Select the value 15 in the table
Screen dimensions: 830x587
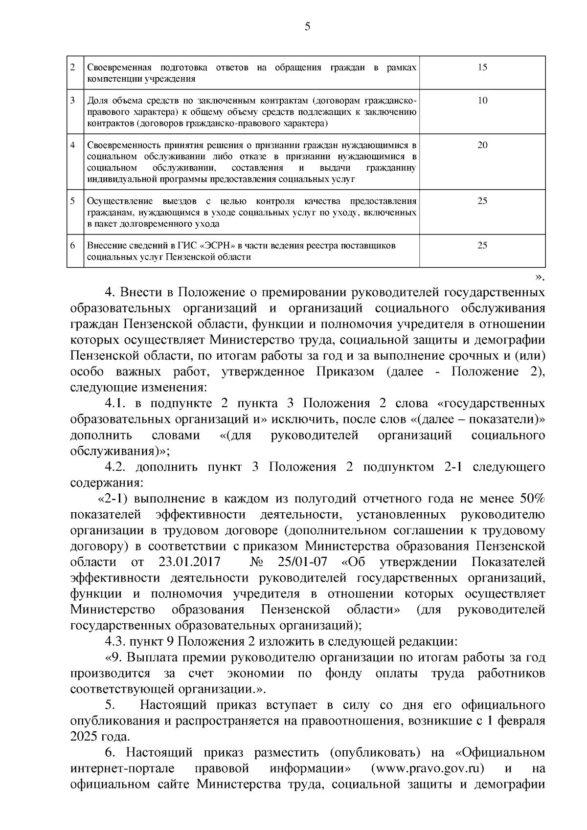tap(482, 67)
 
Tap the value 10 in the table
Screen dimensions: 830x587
tap(482, 101)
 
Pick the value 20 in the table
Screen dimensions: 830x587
tap(482, 145)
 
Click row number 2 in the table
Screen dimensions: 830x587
tap(72, 67)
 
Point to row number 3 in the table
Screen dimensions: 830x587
tap(72, 101)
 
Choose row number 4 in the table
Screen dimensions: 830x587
tap(72, 145)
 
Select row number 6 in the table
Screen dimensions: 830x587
tap(72, 245)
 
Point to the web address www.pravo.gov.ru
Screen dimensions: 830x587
tap(428, 768)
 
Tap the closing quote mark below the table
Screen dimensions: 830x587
tap(539, 278)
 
